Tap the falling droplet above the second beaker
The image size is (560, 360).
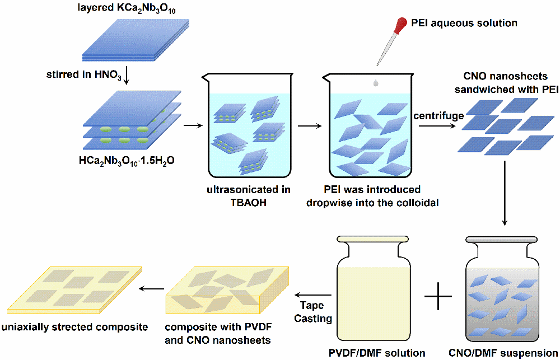click(375, 83)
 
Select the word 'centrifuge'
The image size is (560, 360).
click(438, 116)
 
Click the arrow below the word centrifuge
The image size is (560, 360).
click(437, 125)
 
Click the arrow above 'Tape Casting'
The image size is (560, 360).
click(314, 295)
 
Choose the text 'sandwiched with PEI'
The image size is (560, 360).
click(502, 90)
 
